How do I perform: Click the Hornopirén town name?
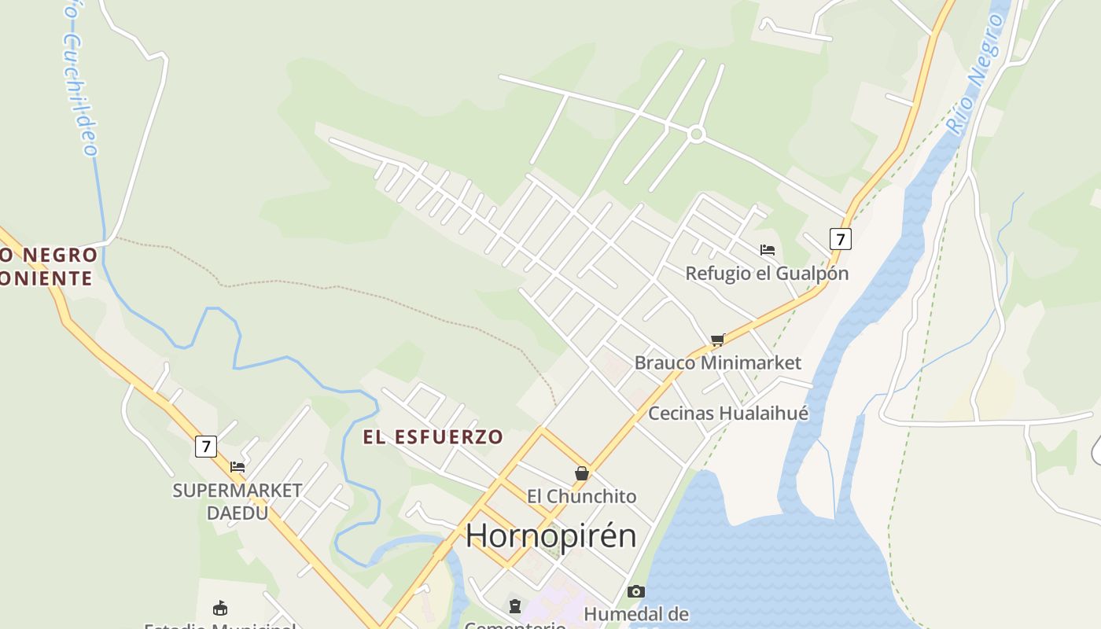tap(550, 535)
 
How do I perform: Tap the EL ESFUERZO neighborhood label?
tap(433, 437)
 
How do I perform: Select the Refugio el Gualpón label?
tap(767, 274)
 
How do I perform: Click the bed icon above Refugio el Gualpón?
tap(768, 250)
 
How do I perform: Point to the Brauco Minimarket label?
tap(717, 363)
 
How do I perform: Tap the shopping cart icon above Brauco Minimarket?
tap(717, 340)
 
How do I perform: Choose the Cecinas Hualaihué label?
tap(727, 414)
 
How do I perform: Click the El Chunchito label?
tap(581, 496)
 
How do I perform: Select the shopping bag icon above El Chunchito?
tap(582, 473)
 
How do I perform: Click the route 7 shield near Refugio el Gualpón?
tap(840, 238)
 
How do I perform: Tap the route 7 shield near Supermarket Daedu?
tap(205, 447)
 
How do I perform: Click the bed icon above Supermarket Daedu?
tap(237, 467)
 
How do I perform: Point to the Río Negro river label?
tap(975, 75)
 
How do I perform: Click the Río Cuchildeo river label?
tap(79, 79)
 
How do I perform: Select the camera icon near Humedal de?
tap(635, 591)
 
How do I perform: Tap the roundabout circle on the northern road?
tap(695, 134)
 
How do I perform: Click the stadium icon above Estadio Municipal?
tap(220, 609)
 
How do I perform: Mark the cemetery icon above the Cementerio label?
tap(515, 606)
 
